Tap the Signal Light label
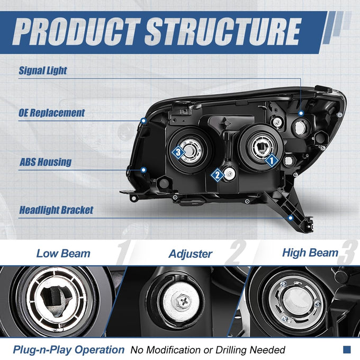(x=43, y=70)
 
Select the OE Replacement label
(x=52, y=113)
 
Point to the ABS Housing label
(x=46, y=162)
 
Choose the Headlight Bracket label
(x=56, y=210)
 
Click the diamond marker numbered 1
(x=272, y=160)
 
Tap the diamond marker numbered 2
(x=217, y=175)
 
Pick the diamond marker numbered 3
(x=178, y=152)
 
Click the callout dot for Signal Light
(x=301, y=113)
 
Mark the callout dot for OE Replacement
(x=143, y=120)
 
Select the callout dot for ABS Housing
(x=143, y=170)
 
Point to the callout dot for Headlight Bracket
(x=291, y=218)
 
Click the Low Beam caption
(x=64, y=254)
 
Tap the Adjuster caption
(x=191, y=254)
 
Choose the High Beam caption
(x=310, y=253)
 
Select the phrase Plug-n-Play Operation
(x=69, y=350)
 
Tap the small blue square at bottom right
(x=347, y=349)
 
